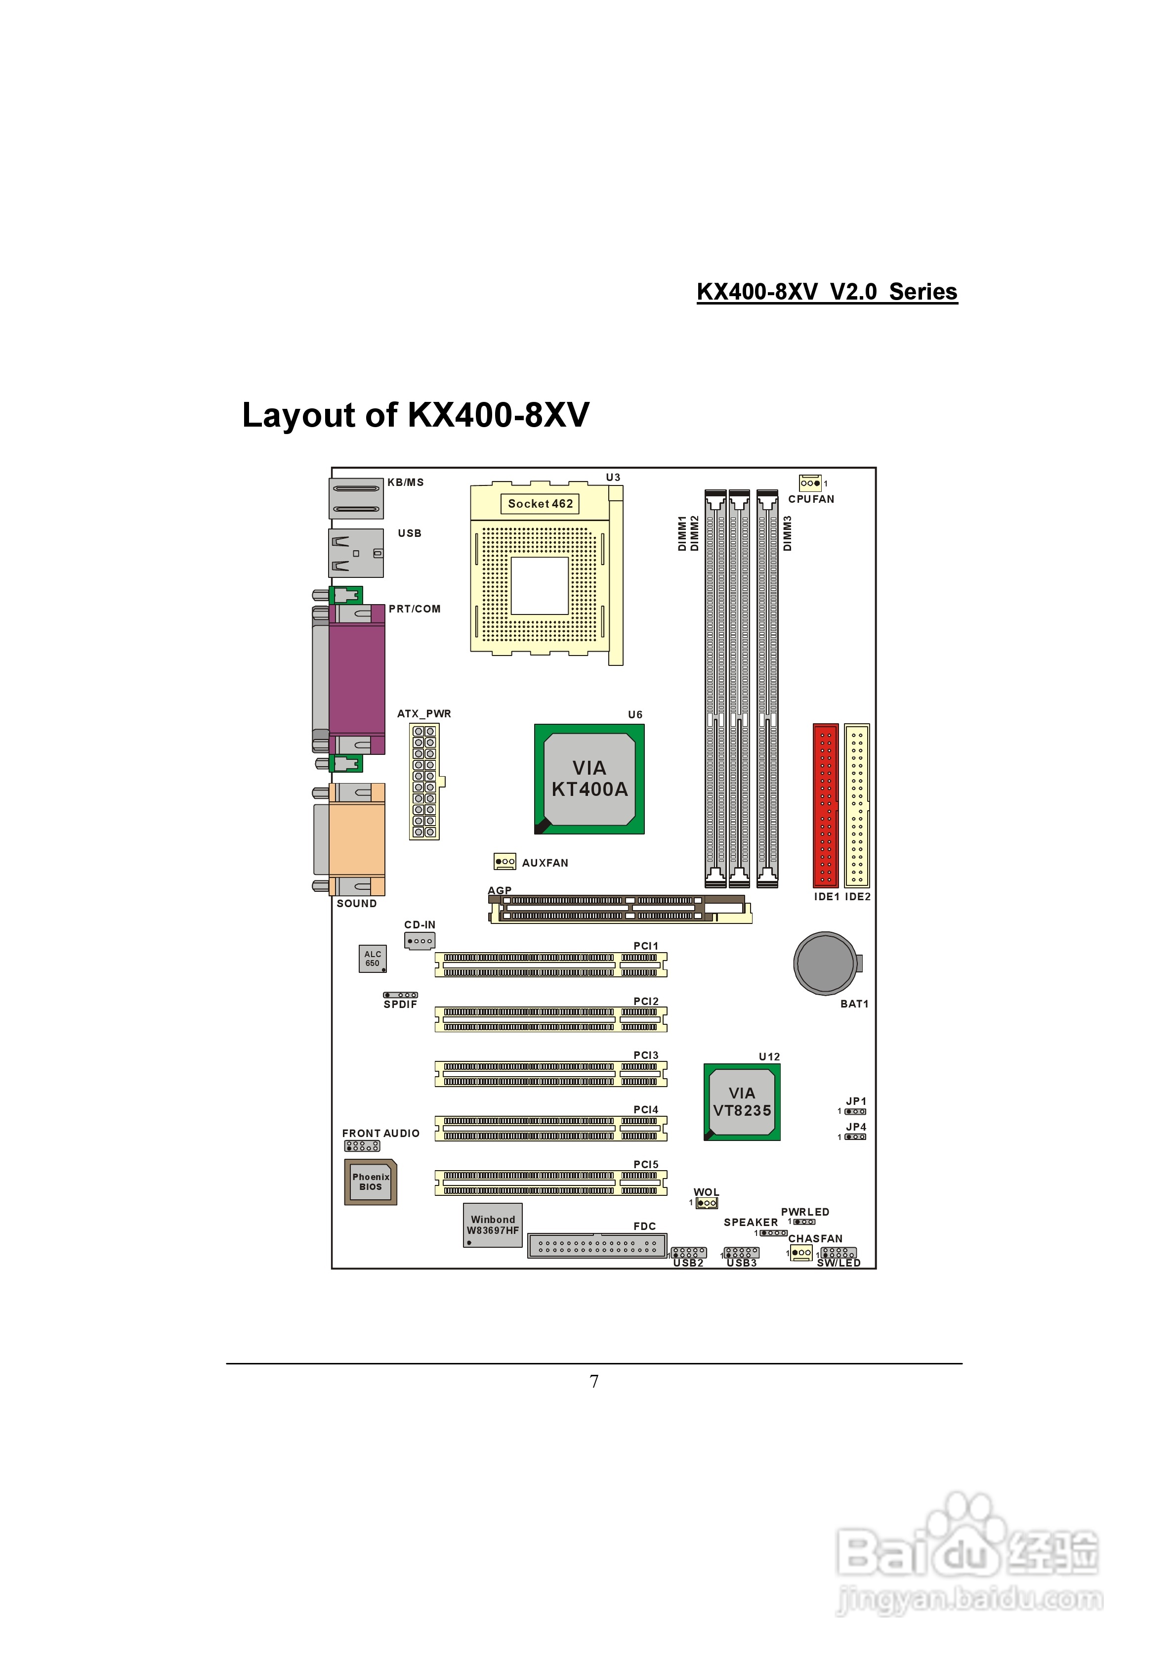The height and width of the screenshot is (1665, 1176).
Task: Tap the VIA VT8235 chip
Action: (742, 1101)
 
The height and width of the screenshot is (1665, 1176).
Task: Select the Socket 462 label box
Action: (540, 503)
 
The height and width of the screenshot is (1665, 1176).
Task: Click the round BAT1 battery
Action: (825, 963)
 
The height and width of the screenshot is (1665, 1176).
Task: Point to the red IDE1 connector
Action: (825, 805)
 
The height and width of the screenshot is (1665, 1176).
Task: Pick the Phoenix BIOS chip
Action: (371, 1182)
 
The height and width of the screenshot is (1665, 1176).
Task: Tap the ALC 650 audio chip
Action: (373, 959)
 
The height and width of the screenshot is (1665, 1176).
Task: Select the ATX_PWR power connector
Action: (424, 781)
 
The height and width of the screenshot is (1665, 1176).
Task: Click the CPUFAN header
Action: (810, 483)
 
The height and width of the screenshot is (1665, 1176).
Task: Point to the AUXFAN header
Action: (504, 862)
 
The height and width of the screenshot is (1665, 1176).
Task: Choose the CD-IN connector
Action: (420, 941)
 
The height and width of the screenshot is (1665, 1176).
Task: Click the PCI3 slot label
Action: (646, 1055)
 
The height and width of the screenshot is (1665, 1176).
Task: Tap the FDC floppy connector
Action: (597, 1246)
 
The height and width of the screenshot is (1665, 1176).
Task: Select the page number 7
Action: (594, 1381)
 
